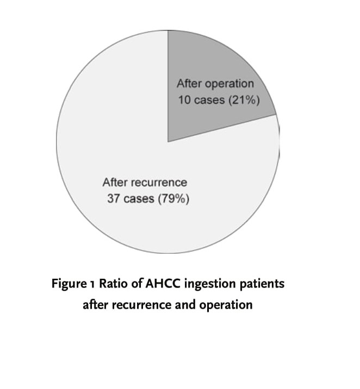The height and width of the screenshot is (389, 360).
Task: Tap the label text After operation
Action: point(215,84)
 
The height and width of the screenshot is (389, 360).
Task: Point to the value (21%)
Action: point(244,100)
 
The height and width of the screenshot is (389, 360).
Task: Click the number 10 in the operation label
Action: point(184,100)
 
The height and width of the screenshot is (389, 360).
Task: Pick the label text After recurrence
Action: point(145,183)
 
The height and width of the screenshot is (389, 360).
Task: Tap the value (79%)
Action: point(173,199)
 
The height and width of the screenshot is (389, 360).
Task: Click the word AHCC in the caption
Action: point(163,283)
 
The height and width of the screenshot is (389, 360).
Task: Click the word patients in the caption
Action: point(262,284)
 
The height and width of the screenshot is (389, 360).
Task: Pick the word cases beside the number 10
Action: point(209,100)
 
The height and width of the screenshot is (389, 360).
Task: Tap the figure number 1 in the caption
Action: point(92,284)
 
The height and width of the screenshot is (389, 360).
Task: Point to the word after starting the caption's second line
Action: point(96,305)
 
